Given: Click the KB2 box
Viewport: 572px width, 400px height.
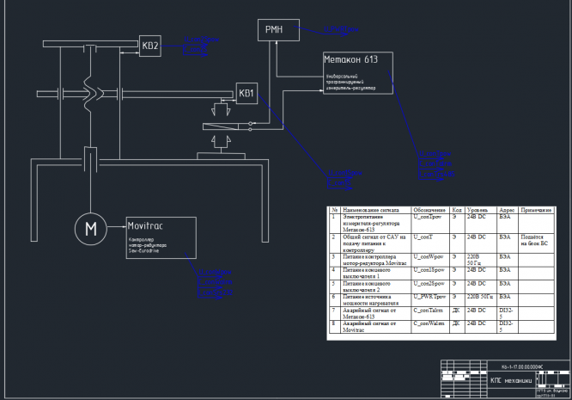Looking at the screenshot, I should tap(150, 46).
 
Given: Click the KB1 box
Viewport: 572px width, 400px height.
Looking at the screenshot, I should tap(246, 93).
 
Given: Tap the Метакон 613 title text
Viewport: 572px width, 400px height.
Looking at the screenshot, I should tap(350, 60).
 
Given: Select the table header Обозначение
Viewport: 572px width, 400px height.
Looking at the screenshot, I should tap(429, 210).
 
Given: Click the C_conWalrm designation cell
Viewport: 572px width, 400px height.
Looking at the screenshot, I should tap(430, 323).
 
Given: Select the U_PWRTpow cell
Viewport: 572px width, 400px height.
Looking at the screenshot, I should tap(430, 295).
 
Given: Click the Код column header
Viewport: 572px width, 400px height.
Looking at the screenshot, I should tap(458, 210).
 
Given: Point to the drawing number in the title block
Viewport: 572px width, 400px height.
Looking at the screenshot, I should tap(521, 366).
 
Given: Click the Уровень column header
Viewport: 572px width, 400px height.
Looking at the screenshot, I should tap(478, 210).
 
